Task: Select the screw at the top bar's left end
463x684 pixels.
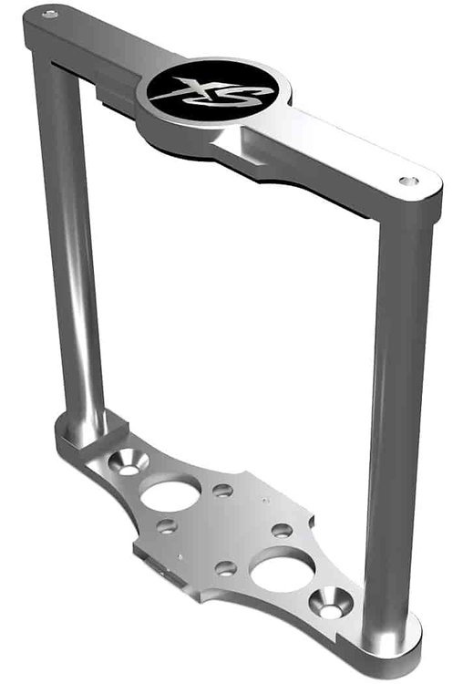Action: pos(50,15)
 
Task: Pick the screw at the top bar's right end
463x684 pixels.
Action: pos(408,181)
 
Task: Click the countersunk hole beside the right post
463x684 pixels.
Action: pos(331,604)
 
